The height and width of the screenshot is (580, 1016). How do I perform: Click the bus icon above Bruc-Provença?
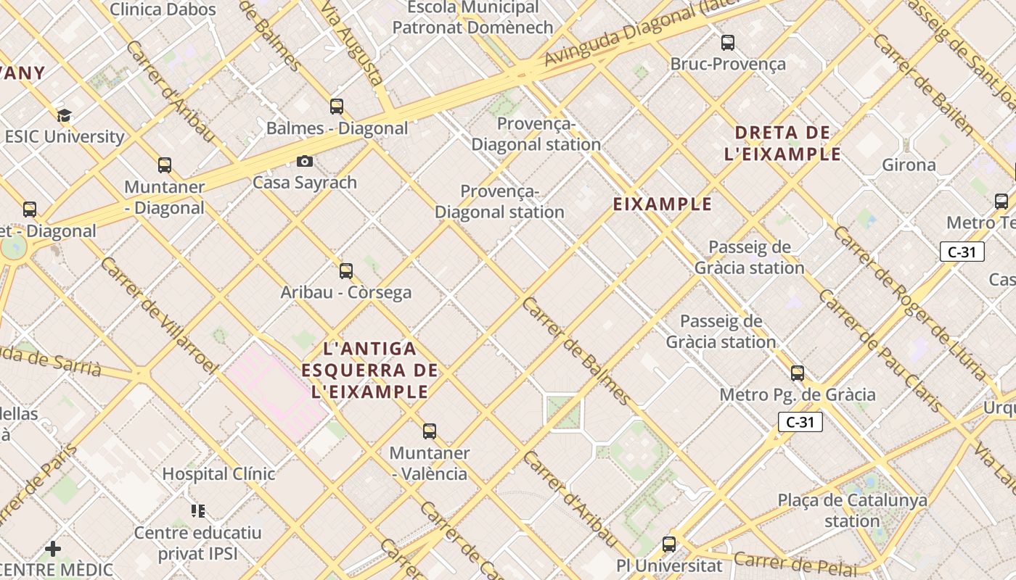728,43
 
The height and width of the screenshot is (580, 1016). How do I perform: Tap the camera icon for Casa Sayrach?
305,161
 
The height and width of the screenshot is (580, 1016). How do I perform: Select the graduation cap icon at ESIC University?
65,115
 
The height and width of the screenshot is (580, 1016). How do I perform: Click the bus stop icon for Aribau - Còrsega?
346,271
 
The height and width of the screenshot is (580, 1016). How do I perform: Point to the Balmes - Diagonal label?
337,128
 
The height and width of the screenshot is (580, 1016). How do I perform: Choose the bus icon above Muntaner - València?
430,431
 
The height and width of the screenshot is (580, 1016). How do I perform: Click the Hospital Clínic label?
218,474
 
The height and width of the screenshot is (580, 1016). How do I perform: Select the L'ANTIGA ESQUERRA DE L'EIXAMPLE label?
370,370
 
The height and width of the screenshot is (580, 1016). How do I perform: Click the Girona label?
909,165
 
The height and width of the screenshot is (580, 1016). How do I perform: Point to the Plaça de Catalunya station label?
852,510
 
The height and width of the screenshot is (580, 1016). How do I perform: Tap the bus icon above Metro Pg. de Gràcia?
798,373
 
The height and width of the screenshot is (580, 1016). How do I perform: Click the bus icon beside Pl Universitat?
669,544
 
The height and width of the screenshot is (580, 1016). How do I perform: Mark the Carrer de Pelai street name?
795,563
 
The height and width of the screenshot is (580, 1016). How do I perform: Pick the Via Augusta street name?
351,43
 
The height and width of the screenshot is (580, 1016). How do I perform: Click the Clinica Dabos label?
163,9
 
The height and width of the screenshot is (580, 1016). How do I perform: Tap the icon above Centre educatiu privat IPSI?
198,511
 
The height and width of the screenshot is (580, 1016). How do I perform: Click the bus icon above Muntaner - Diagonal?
165,165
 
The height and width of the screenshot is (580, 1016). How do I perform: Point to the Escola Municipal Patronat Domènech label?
472,17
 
